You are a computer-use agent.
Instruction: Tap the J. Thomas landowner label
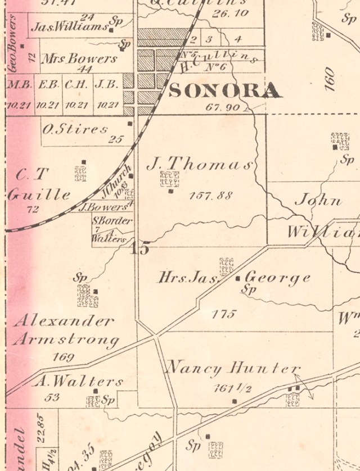[200, 164]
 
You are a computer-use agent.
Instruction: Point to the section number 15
[139, 248]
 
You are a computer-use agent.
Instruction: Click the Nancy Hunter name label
[232, 369]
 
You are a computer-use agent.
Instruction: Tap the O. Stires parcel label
[75, 129]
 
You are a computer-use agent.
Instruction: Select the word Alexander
[64, 321]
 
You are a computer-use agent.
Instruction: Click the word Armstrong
[66, 340]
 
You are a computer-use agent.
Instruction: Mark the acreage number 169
[63, 357]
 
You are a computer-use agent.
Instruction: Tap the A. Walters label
[78, 382]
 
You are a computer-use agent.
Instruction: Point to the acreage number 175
[223, 314]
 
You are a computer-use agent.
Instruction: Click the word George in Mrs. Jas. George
[278, 278]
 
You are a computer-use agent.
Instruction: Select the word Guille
[39, 195]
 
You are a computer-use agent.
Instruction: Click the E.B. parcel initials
[48, 85]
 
